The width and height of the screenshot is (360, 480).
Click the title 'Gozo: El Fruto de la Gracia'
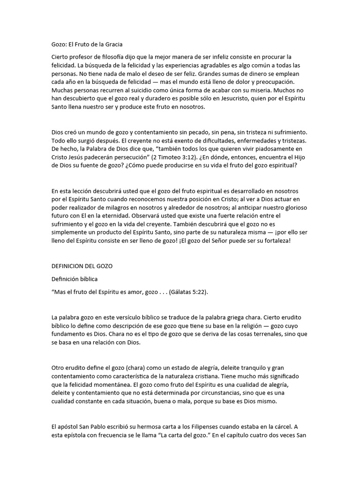coord(87,45)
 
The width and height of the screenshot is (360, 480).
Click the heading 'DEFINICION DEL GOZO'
coord(82,266)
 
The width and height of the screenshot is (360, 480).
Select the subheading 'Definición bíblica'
coord(74,279)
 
